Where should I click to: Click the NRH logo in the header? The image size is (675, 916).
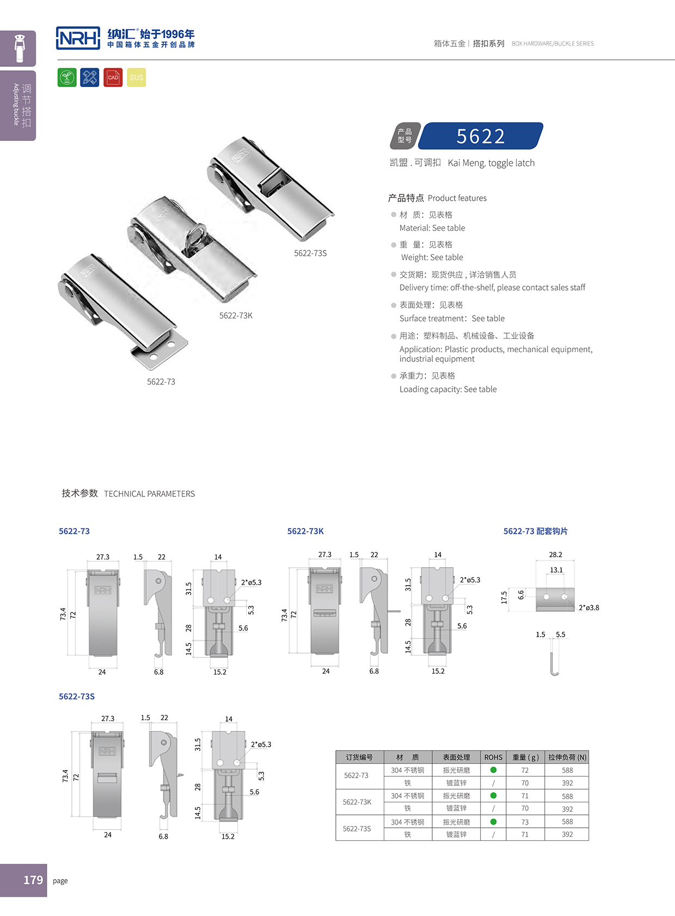pos(78,38)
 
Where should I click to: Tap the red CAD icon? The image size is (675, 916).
pos(113,77)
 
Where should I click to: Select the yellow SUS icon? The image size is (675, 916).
pos(137,77)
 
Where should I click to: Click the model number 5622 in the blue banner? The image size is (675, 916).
pos(481,136)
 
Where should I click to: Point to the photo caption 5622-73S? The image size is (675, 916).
pos(310,253)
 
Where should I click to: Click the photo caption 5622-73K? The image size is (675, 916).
pos(236,316)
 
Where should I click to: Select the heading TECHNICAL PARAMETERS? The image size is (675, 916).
pos(149,494)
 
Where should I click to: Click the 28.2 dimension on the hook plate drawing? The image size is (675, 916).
pos(555,555)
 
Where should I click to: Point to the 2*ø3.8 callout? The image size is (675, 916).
pos(588,607)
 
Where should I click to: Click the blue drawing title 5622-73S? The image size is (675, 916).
pos(77,697)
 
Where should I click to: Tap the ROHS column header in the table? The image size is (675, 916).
pos(493,757)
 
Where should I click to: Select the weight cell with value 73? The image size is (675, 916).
pos(525,822)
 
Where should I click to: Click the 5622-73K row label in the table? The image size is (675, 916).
pos(357,802)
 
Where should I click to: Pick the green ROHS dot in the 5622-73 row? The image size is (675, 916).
pos(493,770)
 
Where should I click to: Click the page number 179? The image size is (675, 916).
pos(33,880)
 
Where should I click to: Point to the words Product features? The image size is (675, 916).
pos(457,198)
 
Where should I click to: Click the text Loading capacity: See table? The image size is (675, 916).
pos(448,389)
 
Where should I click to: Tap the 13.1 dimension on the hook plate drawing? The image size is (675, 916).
pos(556,570)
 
